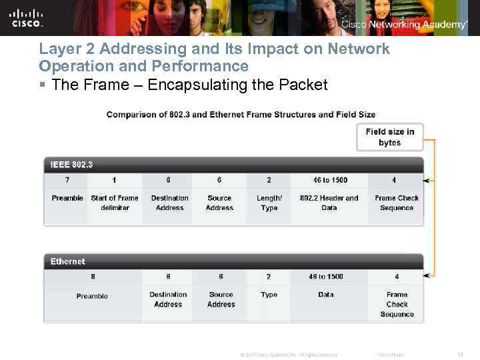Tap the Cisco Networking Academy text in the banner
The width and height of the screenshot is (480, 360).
point(404,25)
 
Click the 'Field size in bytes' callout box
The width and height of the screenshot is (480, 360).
point(389,137)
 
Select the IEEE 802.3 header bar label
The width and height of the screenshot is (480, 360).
point(71,164)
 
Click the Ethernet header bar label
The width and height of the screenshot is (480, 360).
point(68,261)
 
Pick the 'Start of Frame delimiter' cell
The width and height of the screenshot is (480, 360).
point(115,203)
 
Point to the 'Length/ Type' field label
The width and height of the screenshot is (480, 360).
point(269,203)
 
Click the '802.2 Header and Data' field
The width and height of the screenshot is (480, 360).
point(329,203)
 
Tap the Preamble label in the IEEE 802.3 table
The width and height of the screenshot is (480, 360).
point(67,198)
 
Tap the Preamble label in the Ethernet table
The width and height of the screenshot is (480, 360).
point(92,296)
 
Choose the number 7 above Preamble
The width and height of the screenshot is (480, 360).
point(67,180)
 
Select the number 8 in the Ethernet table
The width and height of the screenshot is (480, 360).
point(92,277)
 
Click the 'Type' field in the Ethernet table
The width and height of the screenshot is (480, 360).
point(269,295)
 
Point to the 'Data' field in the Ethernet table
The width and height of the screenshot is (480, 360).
point(326,295)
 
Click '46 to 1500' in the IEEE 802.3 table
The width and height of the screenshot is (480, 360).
point(330,180)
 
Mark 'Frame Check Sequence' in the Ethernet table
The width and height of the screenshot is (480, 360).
point(397,304)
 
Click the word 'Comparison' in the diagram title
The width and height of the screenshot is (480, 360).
point(132,115)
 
